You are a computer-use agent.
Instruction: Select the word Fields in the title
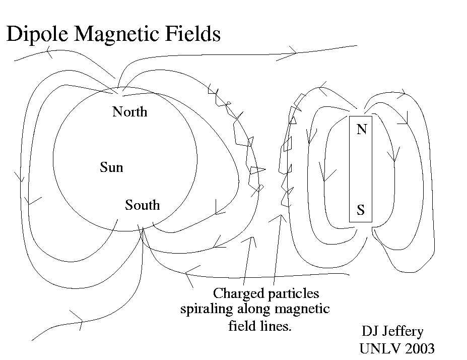[x=196, y=34]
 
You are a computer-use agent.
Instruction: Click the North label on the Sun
[x=130, y=111]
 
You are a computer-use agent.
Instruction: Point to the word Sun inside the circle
[x=111, y=167]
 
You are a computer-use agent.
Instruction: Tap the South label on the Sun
[x=143, y=205]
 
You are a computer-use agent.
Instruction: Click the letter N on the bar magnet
[x=361, y=130]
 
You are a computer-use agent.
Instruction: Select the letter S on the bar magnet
[x=361, y=210]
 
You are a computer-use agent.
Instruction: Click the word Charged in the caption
[x=235, y=293]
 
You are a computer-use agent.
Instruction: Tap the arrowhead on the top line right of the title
[x=293, y=50]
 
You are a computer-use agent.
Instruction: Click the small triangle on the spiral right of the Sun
[x=257, y=169]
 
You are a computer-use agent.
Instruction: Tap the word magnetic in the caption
[x=301, y=309]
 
